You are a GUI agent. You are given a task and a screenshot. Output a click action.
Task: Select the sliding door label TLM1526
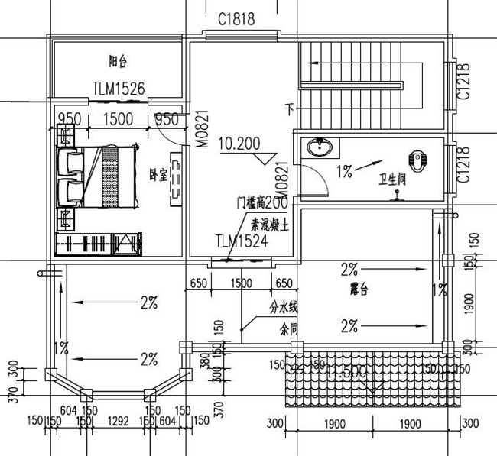[119, 89]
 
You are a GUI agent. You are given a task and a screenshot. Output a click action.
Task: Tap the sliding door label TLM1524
[241, 242]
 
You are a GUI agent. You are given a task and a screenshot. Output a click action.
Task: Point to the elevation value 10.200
[239, 143]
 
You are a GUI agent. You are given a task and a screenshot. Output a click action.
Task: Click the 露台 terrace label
[358, 291]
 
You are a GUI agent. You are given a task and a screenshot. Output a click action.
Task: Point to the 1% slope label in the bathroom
[343, 172]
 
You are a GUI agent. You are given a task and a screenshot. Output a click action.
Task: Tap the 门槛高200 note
[262, 203]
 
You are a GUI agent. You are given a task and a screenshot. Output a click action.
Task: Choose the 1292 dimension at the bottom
[118, 420]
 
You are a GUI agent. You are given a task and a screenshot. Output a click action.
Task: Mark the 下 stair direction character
[289, 108]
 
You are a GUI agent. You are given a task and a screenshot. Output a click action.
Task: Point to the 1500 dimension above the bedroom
[118, 119]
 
